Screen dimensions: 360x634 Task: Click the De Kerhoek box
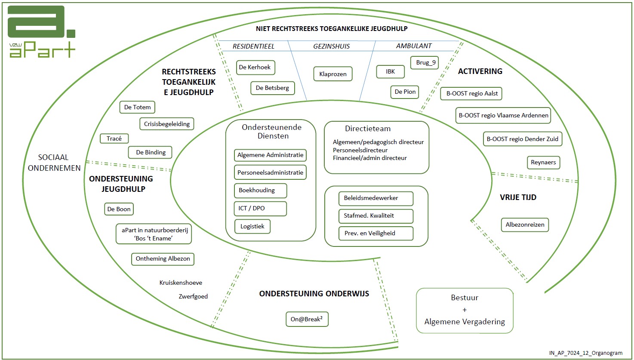[x=255, y=68]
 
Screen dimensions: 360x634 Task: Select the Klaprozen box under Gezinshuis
[x=333, y=74]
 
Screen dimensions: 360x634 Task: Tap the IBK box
[x=390, y=71]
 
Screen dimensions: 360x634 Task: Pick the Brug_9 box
[x=425, y=63]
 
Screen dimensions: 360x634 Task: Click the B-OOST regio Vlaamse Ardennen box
[x=503, y=115]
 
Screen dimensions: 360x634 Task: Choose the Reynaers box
[x=543, y=163]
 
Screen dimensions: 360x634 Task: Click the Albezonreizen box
[x=525, y=225]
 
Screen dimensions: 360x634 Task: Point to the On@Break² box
[x=307, y=319]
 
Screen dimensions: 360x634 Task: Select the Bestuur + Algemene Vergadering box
[x=465, y=310]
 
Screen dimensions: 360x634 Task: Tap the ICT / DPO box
[x=260, y=208]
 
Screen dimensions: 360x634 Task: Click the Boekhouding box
[x=260, y=191]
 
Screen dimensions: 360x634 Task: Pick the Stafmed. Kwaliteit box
[x=375, y=216]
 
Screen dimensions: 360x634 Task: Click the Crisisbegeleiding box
[x=167, y=124]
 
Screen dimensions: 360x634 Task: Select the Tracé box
[x=114, y=138]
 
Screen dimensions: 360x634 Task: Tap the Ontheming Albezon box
[x=163, y=259]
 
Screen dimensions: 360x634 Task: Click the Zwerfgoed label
[x=193, y=296]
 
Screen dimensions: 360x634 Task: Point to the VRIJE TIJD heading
[x=518, y=197]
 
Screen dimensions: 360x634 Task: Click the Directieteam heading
[x=368, y=129]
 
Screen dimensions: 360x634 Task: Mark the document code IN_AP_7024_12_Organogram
[x=585, y=353]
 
